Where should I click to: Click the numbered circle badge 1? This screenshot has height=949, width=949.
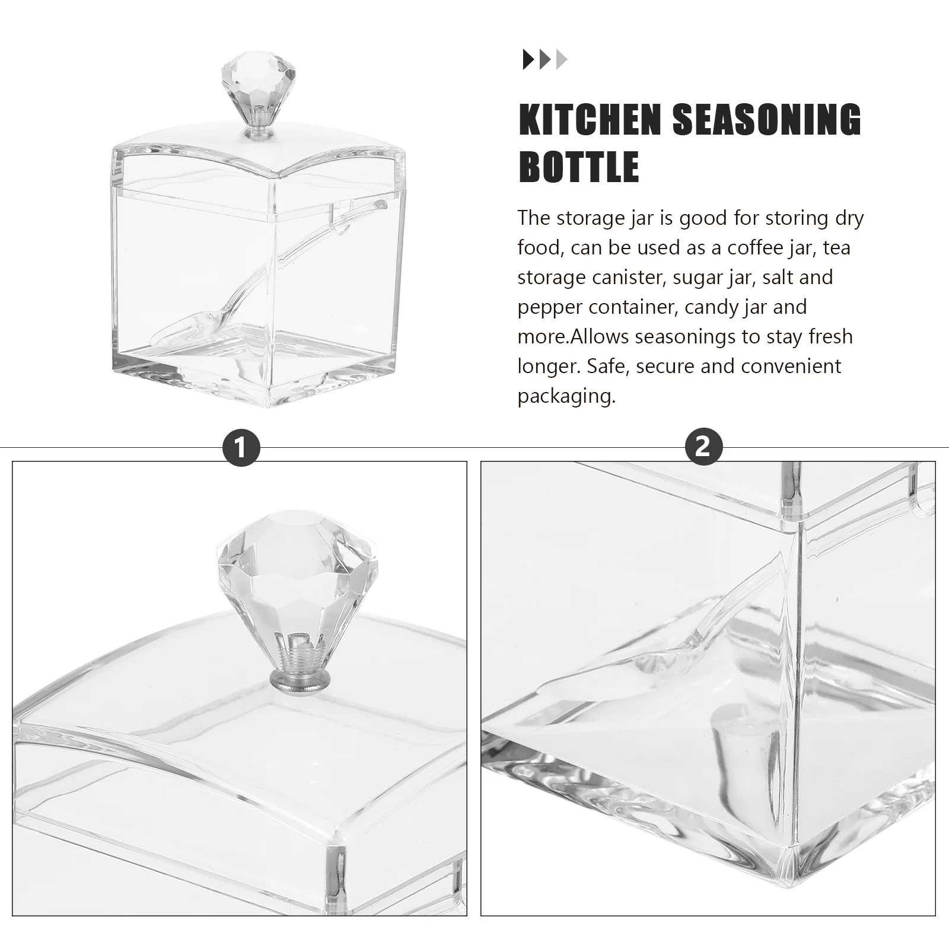click(x=240, y=447)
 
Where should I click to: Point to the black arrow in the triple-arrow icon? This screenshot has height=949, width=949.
click(x=528, y=60)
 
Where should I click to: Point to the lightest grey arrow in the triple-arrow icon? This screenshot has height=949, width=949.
click(x=562, y=60)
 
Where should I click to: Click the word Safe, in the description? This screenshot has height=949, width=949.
click(x=606, y=366)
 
